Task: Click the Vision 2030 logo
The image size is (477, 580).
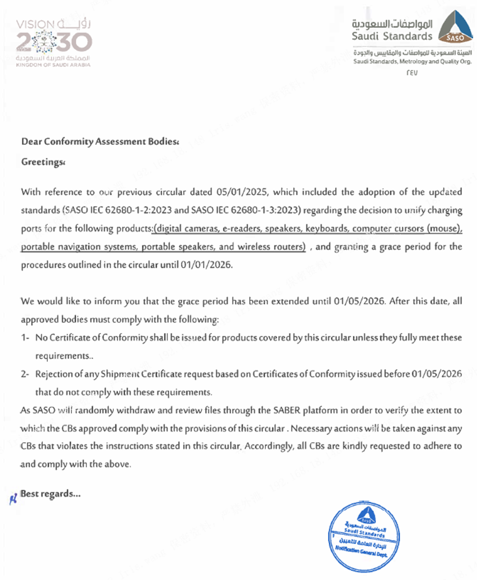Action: click(x=54, y=42)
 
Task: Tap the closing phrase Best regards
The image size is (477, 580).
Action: click(x=50, y=494)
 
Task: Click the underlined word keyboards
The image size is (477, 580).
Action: click(x=327, y=229)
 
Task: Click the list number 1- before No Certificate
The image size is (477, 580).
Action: click(x=25, y=338)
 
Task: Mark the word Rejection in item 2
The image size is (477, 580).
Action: click(x=53, y=374)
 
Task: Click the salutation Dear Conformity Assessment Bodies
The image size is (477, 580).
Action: click(x=99, y=142)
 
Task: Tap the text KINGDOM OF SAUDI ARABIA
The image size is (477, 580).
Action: click(x=54, y=64)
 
